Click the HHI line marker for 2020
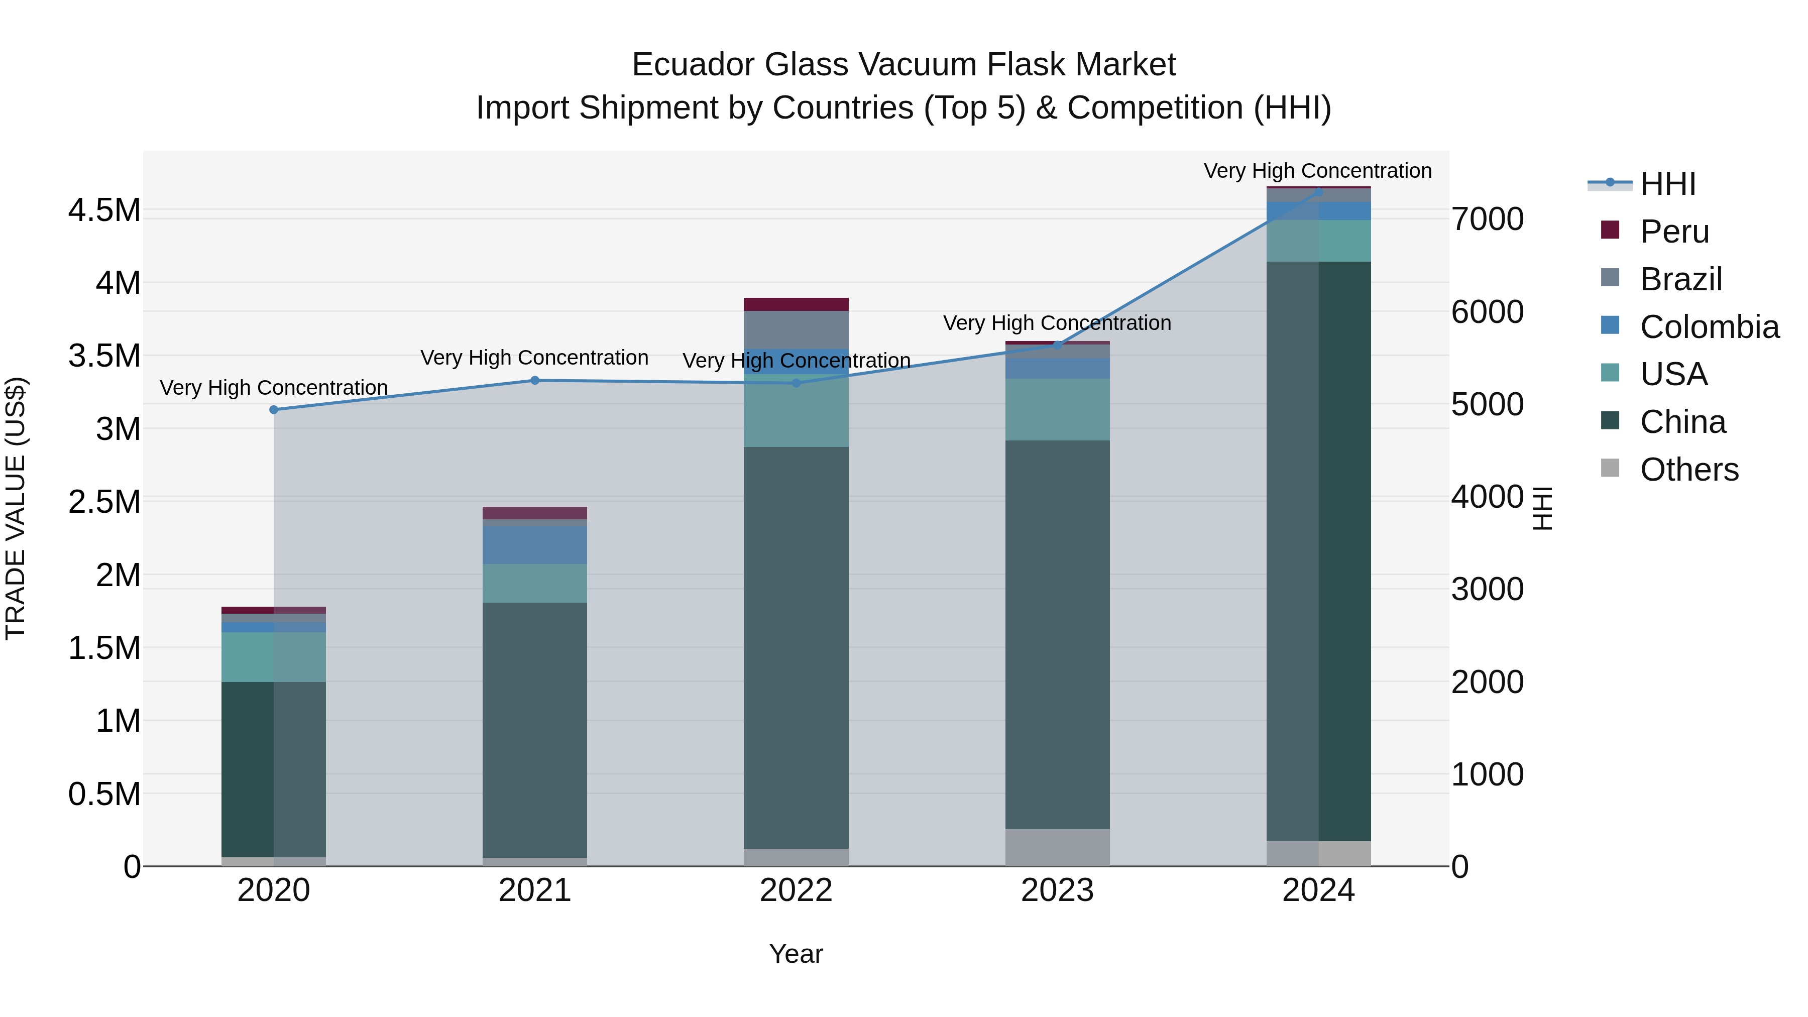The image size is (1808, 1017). pos(274,410)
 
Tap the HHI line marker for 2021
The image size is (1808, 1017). pos(535,380)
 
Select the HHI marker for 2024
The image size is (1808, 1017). pos(1318,192)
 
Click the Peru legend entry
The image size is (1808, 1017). pos(1674,232)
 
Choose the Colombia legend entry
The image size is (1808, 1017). pos(1709,327)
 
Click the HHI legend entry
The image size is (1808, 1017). pos(1667,184)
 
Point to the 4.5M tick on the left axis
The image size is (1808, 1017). pos(104,210)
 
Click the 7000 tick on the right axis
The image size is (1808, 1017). pos(1487,219)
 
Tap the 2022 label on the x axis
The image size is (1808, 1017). pos(796,890)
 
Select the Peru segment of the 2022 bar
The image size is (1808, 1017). pos(796,304)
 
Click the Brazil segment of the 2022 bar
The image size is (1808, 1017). pos(796,330)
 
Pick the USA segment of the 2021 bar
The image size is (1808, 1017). pos(535,583)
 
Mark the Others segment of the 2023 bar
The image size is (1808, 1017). pos(1057,847)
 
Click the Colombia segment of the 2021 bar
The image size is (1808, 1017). pos(535,545)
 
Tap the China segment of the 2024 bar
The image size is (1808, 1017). pos(1318,551)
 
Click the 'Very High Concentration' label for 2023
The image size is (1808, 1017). pos(1057,323)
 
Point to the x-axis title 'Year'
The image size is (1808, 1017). pos(796,954)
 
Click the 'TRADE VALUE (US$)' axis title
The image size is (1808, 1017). pos(16,508)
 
